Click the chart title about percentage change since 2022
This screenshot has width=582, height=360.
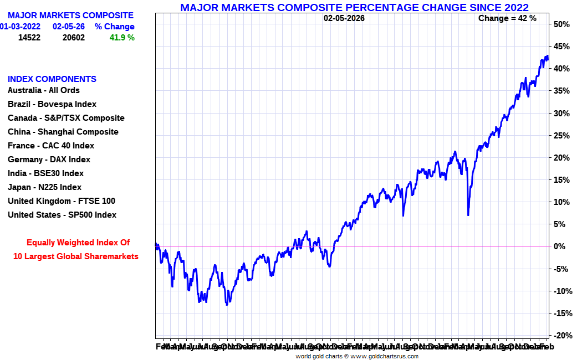click(354, 7)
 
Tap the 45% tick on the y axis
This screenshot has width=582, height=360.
click(561, 47)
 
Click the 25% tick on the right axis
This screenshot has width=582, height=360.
click(561, 136)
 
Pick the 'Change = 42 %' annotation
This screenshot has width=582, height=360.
click(507, 18)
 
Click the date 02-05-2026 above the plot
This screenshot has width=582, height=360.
click(344, 18)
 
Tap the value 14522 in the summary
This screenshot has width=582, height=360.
click(29, 38)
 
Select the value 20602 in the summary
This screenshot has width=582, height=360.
click(74, 38)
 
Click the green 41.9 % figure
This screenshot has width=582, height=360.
click(122, 38)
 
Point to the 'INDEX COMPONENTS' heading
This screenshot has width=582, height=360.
click(52, 79)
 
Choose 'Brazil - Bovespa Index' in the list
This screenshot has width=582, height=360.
click(52, 104)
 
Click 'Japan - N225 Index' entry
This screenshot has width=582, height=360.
click(44, 187)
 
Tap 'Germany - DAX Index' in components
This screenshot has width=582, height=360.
click(49, 160)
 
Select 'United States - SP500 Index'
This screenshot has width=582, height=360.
click(62, 215)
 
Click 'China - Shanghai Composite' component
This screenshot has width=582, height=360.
click(63, 132)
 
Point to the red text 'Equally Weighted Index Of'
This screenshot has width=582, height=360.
click(78, 243)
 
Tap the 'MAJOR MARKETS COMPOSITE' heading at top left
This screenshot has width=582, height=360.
click(70, 16)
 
